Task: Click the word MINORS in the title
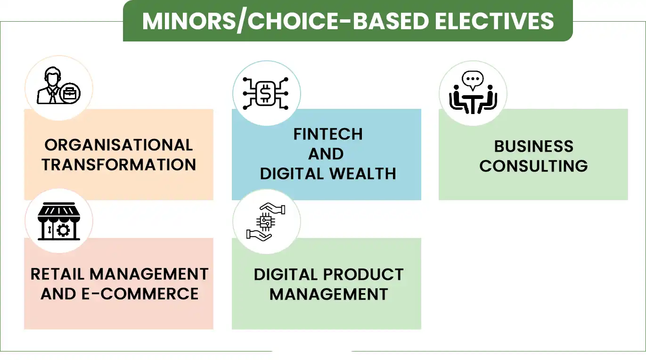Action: [189, 21]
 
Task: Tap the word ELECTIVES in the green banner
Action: [494, 21]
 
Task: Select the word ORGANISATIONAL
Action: [119, 145]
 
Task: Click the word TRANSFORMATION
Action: [119, 164]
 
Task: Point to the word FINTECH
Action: [328, 134]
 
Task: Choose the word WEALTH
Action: [362, 173]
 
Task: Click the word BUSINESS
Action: [533, 146]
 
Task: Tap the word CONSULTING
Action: [533, 165]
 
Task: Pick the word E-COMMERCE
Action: [140, 294]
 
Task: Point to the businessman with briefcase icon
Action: [58, 85]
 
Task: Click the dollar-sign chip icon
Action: [265, 93]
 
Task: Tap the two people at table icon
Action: [473, 92]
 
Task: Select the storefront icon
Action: [59, 221]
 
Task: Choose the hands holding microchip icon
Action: [266, 222]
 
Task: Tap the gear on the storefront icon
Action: [64, 230]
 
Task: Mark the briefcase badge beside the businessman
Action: [70, 93]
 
